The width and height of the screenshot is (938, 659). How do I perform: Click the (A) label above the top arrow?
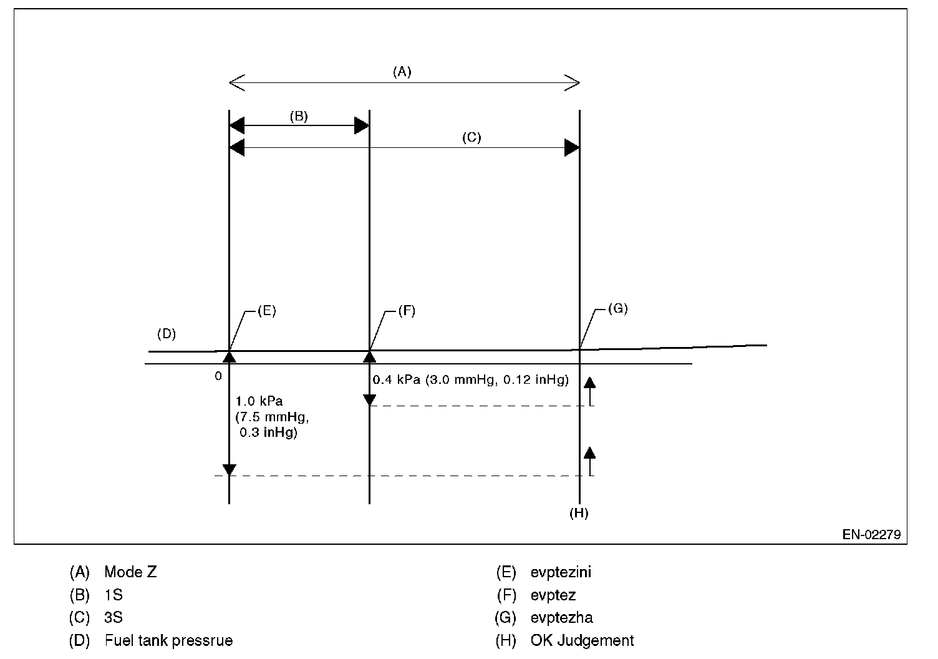pos(402,72)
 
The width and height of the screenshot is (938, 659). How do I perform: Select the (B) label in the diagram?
pos(299,116)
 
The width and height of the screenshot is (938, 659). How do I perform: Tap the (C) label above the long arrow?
pos(471,138)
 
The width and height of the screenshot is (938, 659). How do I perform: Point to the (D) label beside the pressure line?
pos(167,334)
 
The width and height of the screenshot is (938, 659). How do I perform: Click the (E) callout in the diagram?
pos(266,311)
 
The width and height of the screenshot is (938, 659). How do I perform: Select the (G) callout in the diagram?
pos(617,309)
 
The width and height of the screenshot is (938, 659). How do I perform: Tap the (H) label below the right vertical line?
pos(579,514)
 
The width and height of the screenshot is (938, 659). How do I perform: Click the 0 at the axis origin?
pos(218,376)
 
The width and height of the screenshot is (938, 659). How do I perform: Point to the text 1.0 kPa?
pos(259,401)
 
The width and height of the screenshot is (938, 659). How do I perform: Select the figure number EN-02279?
pos(871,534)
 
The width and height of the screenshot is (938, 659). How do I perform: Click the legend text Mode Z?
pos(130,572)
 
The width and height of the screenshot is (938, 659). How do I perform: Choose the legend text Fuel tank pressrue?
pos(168,640)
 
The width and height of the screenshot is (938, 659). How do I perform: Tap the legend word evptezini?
pos(561,572)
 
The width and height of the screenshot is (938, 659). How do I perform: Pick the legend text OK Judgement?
pos(582,640)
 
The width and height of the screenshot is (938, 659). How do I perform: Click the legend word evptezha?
pos(561,618)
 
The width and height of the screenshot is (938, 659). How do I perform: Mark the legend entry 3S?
pos(114,618)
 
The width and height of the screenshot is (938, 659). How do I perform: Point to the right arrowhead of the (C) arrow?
pos(571,148)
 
